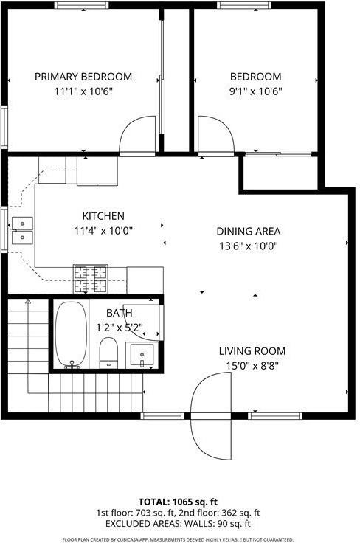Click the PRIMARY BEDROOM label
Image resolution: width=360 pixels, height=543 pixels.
coord(83,77)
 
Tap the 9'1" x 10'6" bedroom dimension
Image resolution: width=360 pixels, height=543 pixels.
coord(255,91)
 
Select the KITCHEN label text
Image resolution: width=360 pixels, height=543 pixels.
coord(103,216)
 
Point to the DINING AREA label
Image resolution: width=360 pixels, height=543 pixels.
coord(248,231)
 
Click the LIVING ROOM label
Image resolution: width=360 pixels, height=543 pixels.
coord(252,351)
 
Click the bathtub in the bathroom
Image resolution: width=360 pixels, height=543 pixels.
coord(71,333)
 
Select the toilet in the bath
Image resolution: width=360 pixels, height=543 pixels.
coord(109,350)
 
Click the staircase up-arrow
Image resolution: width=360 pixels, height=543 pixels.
coord(28,302)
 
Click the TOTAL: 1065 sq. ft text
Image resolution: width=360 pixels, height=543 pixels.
coord(179,501)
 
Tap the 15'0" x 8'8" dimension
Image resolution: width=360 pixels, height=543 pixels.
coord(252,365)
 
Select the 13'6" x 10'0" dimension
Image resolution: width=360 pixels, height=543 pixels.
coord(248,246)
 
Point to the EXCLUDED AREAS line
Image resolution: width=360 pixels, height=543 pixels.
coord(179,523)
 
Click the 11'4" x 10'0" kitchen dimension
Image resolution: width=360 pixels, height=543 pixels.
coord(103,230)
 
